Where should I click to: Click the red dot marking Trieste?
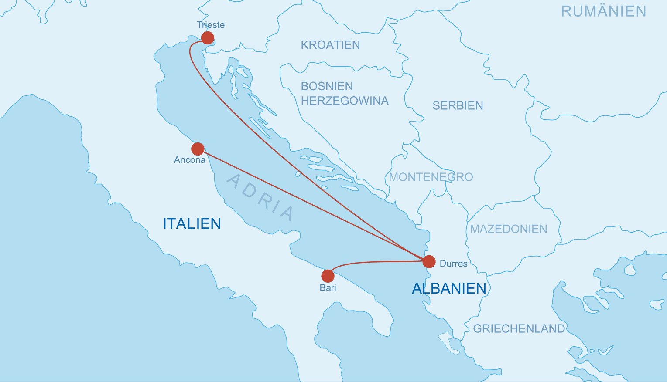click(208, 38)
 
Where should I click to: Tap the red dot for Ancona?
click(198, 149)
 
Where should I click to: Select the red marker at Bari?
click(328, 276)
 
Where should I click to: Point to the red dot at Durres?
click(429, 261)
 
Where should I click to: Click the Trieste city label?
click(211, 25)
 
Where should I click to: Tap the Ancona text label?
click(189, 160)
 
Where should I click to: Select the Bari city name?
click(328, 287)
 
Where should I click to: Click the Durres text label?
click(453, 264)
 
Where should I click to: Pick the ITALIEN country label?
click(192, 223)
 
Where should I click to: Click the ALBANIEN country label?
click(449, 288)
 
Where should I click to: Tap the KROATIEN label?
click(330, 45)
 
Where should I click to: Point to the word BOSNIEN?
click(327, 86)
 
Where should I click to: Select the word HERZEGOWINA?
click(344, 101)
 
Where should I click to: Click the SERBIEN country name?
click(458, 105)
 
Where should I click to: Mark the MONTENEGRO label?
click(431, 177)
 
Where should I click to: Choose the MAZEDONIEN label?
click(508, 229)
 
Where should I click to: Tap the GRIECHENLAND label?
click(519, 328)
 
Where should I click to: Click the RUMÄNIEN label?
click(603, 11)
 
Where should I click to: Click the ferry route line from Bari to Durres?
click(375, 262)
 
